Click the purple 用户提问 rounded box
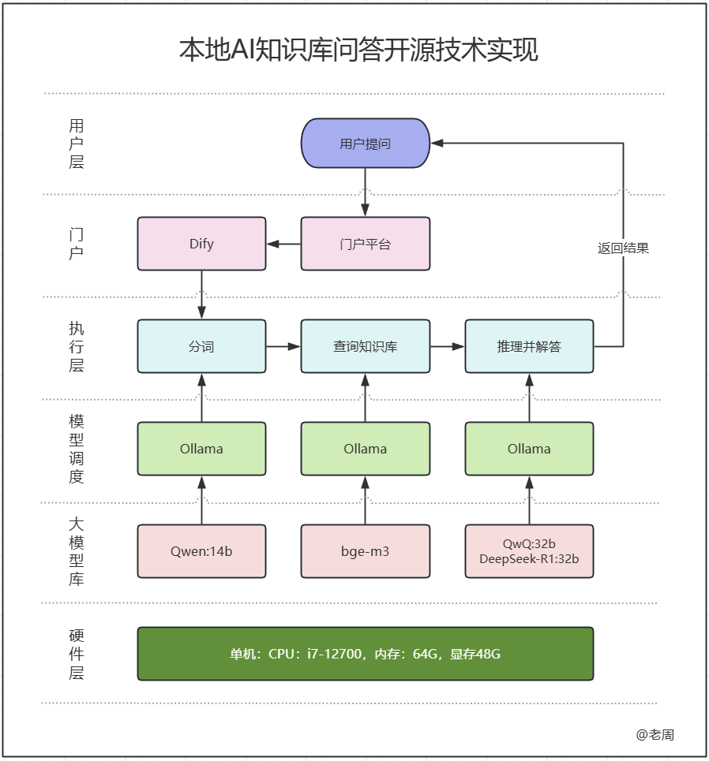tap(365, 144)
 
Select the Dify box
tap(201, 244)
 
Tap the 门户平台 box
tap(365, 244)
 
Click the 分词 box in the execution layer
tap(201, 346)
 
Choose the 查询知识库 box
tap(365, 346)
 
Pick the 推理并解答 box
tap(529, 346)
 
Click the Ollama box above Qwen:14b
tap(201, 449)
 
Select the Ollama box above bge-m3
tap(365, 449)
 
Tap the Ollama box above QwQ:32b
tap(529, 449)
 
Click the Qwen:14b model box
tap(201, 551)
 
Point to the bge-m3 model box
tap(365, 551)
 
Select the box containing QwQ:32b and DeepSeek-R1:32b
tap(529, 551)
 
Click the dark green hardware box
tap(365, 654)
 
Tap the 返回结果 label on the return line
tap(623, 248)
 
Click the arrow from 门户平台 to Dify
tap(283, 244)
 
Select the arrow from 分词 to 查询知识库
tap(283, 346)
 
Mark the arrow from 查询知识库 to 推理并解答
tap(448, 346)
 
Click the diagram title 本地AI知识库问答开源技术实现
tap(358, 50)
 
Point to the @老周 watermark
tap(655, 734)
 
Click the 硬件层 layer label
tap(76, 654)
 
